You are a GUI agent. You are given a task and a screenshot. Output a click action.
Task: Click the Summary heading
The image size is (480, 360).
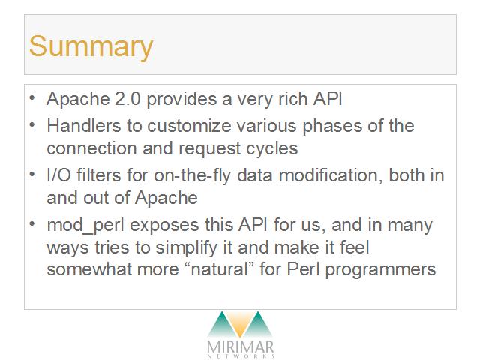click(x=91, y=47)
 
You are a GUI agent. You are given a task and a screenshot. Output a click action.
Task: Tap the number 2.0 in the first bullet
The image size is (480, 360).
click(x=127, y=99)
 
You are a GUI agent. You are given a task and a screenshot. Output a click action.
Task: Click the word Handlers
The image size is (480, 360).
click(x=83, y=126)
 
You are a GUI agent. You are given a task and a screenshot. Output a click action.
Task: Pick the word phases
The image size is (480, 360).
click(x=332, y=127)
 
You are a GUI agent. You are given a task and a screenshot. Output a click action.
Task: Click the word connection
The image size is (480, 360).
click(x=91, y=148)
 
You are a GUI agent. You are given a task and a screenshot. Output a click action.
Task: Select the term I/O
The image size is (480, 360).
click(x=58, y=175)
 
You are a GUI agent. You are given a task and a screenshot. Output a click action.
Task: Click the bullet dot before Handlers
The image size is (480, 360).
click(x=32, y=125)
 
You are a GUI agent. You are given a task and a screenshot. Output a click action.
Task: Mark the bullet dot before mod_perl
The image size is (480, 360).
click(x=32, y=224)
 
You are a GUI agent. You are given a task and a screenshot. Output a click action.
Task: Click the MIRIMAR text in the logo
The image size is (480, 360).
click(x=240, y=347)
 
